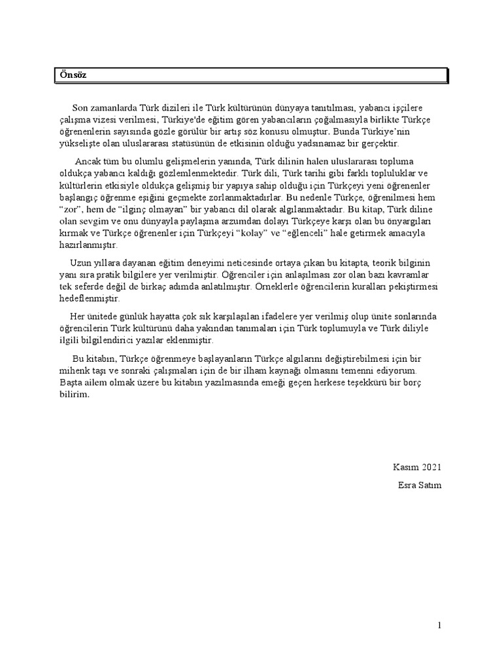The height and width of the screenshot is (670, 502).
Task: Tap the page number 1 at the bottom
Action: pyautogui.click(x=441, y=626)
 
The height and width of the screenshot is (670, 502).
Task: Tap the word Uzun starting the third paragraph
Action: pyautogui.click(x=71, y=262)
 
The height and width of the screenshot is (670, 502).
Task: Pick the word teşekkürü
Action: pyautogui.click(x=361, y=383)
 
